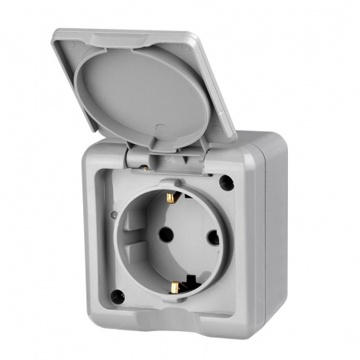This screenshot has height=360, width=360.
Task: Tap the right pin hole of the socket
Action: (x=213, y=237)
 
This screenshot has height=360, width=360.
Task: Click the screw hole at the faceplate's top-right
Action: (x=226, y=182)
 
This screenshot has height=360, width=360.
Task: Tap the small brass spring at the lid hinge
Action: (x=145, y=167)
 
